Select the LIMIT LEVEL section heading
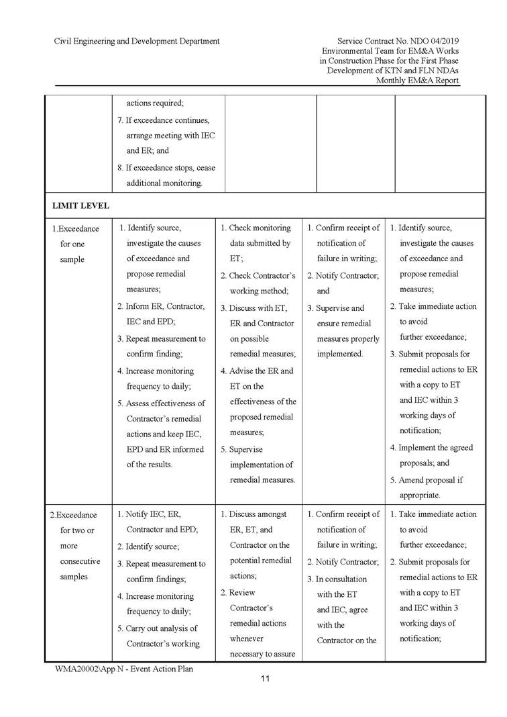point(81,205)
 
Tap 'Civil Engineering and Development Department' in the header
point(137,41)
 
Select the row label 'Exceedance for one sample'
point(74,244)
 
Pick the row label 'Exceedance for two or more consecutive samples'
point(75,546)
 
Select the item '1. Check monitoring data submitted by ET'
point(258,243)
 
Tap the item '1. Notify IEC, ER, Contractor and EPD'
point(161,522)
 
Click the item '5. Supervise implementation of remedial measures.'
point(258,465)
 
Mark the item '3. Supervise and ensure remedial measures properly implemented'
point(343,331)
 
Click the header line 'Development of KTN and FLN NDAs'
point(393,70)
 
